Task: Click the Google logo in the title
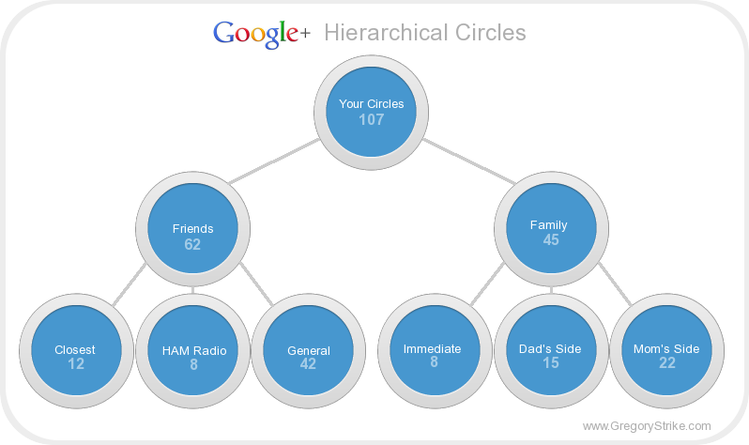[x=256, y=33]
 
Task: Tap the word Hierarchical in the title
[x=382, y=33]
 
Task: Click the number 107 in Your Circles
[x=372, y=119]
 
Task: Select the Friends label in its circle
[x=192, y=228]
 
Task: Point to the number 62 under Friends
[x=192, y=244]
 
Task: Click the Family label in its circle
[x=549, y=225]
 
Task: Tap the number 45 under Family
[x=551, y=240]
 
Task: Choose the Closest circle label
[x=75, y=350]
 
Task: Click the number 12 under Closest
[x=76, y=364]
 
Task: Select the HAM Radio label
[x=193, y=351]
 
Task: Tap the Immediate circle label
[x=433, y=348]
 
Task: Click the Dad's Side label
[x=550, y=348]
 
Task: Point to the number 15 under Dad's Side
[x=551, y=363]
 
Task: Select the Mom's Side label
[x=667, y=348]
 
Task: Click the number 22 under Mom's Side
[x=667, y=363]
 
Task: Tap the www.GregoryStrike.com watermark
[x=647, y=425]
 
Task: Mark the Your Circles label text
[x=372, y=103]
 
